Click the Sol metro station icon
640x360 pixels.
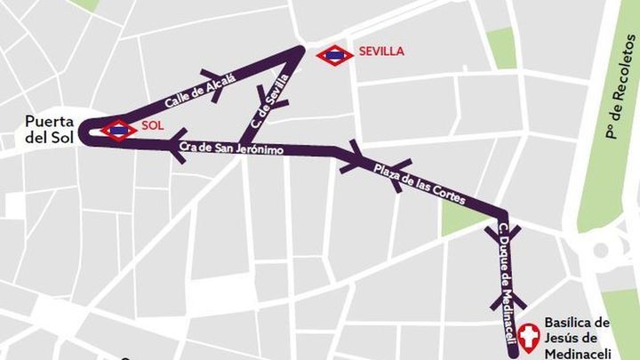pyautogui.click(x=119, y=130)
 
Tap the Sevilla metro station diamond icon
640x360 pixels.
pyautogui.click(x=334, y=55)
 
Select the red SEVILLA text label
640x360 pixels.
pyautogui.click(x=381, y=51)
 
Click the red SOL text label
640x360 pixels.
pyautogui.click(x=153, y=126)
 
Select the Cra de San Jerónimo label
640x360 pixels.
pyautogui.click(x=231, y=149)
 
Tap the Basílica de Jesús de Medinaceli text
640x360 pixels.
pyautogui.click(x=577, y=337)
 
